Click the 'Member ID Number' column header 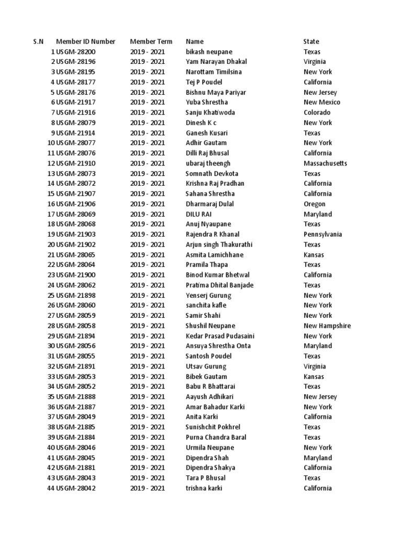pyautogui.click(x=86, y=41)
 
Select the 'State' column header pyautogui.click(x=311, y=41)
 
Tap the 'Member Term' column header pyautogui.click(x=151, y=41)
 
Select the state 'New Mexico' pyautogui.click(x=321, y=103)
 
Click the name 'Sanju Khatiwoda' pyautogui.click(x=210, y=113)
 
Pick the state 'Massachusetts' pyautogui.click(x=325, y=163)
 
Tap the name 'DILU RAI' pyautogui.click(x=198, y=214)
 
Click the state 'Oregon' pyautogui.click(x=314, y=204)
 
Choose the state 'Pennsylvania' pyautogui.click(x=322, y=234)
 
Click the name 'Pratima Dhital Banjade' pyautogui.click(x=219, y=285)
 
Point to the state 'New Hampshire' pyautogui.click(x=327, y=326)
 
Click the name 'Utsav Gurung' pyautogui.click(x=206, y=366)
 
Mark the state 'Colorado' pyautogui.click(x=317, y=113)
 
